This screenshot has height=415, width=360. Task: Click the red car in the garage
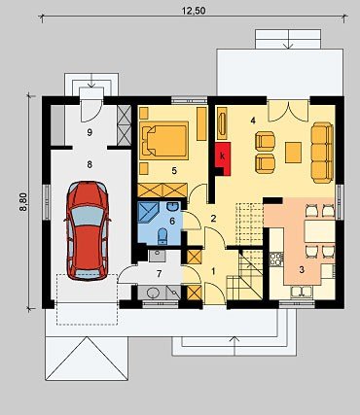[88, 230]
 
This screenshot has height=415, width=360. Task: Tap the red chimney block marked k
[223, 158]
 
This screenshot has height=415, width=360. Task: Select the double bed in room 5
[163, 141]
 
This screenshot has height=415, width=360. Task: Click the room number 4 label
[253, 121]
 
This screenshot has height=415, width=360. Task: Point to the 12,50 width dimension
[194, 11]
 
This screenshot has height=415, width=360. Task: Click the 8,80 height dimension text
[23, 202]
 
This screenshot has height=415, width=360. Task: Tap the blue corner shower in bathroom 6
[148, 212]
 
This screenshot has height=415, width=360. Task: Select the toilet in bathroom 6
[162, 236]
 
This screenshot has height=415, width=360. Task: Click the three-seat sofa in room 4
[322, 153]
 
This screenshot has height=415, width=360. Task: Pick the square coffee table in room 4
[294, 152]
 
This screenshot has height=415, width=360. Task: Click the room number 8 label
[90, 164]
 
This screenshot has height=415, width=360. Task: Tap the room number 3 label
[302, 269]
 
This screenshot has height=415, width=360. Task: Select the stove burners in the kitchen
[276, 259]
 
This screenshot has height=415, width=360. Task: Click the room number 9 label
[90, 132]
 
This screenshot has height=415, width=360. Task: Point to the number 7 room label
[159, 274]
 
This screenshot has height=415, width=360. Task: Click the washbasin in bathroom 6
[173, 206]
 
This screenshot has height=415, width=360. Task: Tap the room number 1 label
[213, 271]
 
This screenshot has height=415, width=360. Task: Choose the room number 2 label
[213, 219]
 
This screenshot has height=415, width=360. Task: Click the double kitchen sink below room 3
[302, 292]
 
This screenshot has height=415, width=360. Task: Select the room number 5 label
[174, 171]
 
